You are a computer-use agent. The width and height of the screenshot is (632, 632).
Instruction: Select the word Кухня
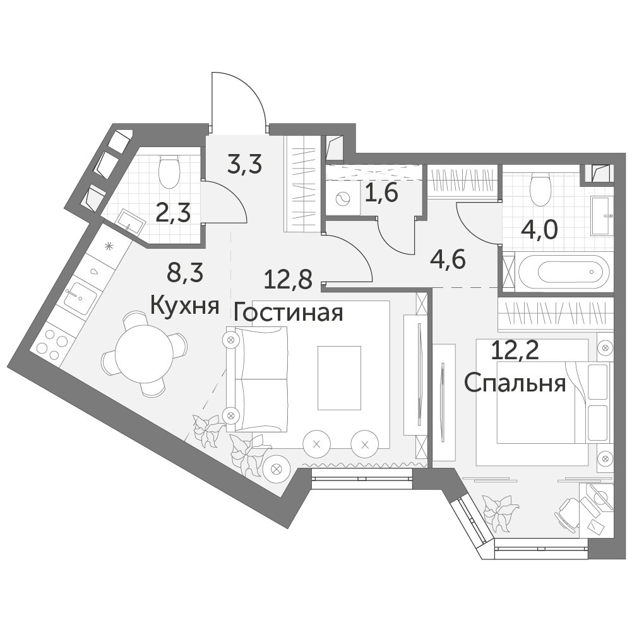[185, 306]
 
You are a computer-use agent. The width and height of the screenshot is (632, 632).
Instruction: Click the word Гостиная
[288, 313]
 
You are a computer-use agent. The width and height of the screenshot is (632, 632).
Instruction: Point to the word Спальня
[515, 383]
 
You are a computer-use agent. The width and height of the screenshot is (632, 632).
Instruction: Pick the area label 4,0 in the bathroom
[539, 230]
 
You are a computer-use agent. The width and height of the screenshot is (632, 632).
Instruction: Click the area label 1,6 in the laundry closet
[381, 193]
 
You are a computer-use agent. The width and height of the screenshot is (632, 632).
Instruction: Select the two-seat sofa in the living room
[257, 378]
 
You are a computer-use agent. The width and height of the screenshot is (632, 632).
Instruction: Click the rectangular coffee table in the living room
[339, 378]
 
